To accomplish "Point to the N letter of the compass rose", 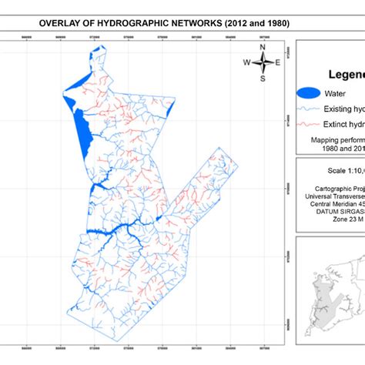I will coord(262,47).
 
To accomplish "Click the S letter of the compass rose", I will coord(262,78).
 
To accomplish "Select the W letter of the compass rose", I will coord(246,62).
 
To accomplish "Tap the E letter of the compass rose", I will coord(277,62).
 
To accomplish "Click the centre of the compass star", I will coord(262,62).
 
